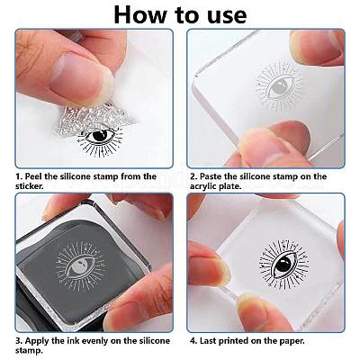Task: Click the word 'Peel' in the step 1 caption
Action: coord(40,176)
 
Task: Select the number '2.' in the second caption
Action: coord(194,176)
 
